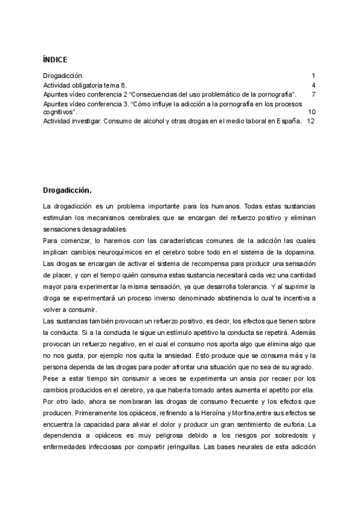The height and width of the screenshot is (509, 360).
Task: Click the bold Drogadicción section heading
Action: (x=67, y=191)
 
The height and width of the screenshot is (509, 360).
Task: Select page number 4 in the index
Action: (x=313, y=86)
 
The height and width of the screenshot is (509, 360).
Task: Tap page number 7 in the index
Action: (x=313, y=95)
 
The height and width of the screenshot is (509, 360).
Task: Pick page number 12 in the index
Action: (x=310, y=121)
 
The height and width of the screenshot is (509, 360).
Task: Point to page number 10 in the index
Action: (x=311, y=112)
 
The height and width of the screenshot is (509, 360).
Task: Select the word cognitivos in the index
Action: (x=59, y=112)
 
